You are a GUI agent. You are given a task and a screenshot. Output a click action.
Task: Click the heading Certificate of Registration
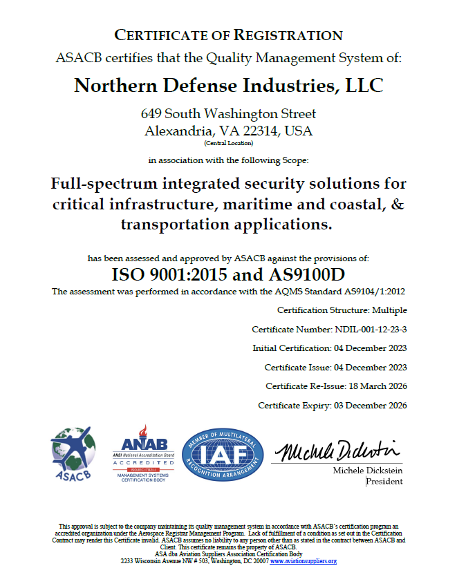(228, 35)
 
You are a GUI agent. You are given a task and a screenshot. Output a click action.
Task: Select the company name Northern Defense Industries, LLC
(228, 86)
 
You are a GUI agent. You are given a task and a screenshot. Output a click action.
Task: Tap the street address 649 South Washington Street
(228, 114)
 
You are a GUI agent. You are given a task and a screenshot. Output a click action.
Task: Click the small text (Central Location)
(228, 143)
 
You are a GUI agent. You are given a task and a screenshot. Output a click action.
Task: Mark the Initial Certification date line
(329, 348)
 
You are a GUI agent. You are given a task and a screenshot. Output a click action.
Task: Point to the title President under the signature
(384, 482)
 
